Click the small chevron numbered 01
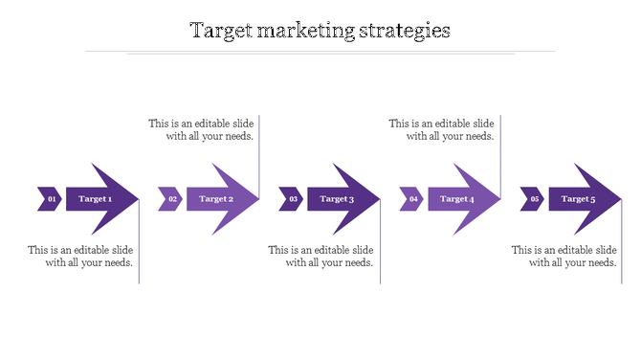(50, 199)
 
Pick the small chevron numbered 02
(170, 199)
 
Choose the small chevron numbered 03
(291, 199)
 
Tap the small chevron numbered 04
(411, 199)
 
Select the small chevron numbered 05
(532, 199)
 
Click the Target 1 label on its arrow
(96, 199)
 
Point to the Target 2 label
(216, 199)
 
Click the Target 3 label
(337, 199)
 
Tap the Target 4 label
(457, 199)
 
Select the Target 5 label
(578, 199)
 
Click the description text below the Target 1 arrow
(80, 257)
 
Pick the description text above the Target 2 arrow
(201, 129)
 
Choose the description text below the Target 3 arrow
(320, 257)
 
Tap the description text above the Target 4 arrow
(441, 129)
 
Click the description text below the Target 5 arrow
(564, 257)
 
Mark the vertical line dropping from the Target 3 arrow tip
(381, 249)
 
